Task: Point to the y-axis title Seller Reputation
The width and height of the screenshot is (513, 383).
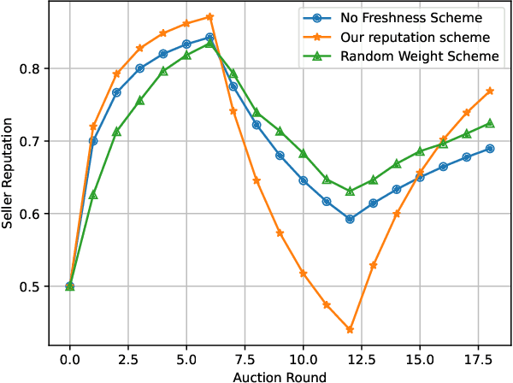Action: point(10,174)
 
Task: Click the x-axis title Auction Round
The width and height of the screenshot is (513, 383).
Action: point(280,374)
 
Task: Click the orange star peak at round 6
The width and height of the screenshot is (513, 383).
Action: point(209,17)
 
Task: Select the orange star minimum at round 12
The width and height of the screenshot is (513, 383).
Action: point(350,329)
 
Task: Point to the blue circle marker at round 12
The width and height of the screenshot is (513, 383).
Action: point(350,219)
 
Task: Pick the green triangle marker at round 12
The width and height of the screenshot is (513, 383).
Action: point(350,191)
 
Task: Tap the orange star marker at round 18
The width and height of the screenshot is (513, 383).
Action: point(490,91)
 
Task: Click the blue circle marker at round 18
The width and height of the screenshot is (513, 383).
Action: point(490,149)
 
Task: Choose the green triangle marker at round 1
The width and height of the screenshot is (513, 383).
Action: point(93,195)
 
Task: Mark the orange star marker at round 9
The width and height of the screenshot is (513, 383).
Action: point(280,233)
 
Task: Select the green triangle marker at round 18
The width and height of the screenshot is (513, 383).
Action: point(490,123)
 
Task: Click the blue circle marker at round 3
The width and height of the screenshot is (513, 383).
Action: point(140,68)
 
